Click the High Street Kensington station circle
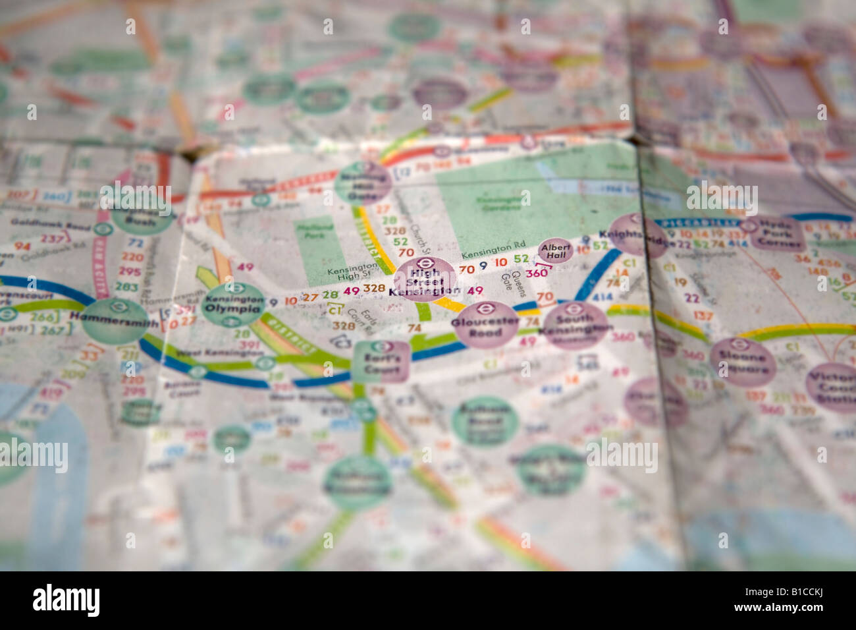point(425,279)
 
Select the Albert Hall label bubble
point(554,250)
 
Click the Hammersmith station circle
point(115,321)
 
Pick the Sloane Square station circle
point(741,362)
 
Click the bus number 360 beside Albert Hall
point(537,273)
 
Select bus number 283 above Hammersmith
point(126,287)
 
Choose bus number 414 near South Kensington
point(602,297)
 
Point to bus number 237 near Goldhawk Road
point(53,238)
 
